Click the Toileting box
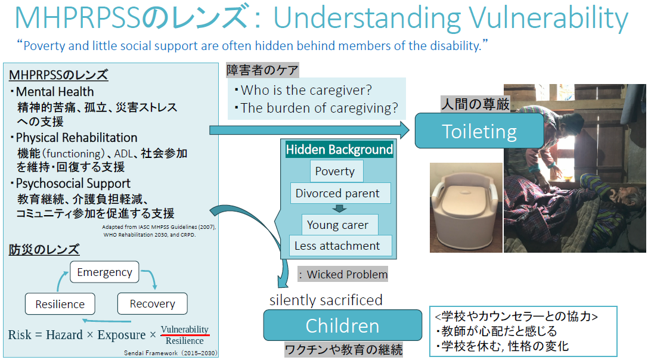pyautogui.click(x=479, y=131)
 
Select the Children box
pyautogui.click(x=343, y=325)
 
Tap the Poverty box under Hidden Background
pyautogui.click(x=336, y=171)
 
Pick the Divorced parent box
pyautogui.click(x=340, y=193)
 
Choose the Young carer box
pyautogui.click(x=340, y=225)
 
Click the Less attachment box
pyautogui.click(x=340, y=246)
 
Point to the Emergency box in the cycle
pyautogui.click(x=105, y=272)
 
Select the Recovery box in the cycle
pyautogui.click(x=153, y=303)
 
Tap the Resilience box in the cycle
pyautogui.click(x=60, y=304)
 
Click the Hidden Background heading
pyautogui.click(x=339, y=150)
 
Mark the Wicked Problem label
pyautogui.click(x=343, y=274)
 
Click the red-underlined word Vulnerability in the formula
pyautogui.click(x=185, y=329)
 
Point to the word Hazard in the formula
pyautogui.click(x=64, y=335)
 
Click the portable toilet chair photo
pyautogui.click(x=466, y=207)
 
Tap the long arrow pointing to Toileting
pyautogui.click(x=309, y=131)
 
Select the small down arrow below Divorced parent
pyautogui.click(x=339, y=209)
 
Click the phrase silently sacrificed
pyautogui.click(x=326, y=300)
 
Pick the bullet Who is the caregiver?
pyautogui.click(x=303, y=89)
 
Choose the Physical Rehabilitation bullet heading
pyautogui.click(x=74, y=138)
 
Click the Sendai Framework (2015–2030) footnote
pyautogui.click(x=170, y=353)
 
